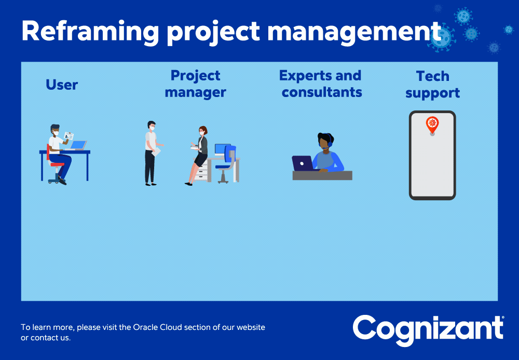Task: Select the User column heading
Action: tap(62, 85)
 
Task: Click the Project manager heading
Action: tap(195, 84)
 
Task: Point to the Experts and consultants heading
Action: tap(321, 84)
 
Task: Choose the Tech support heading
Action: tap(433, 85)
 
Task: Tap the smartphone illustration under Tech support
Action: tap(432, 155)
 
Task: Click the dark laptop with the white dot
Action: tap(303, 163)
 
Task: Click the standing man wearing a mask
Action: tap(152, 153)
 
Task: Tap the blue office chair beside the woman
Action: tap(226, 164)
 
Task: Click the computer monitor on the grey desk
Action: tap(221, 149)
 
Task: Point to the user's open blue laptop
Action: tap(77, 146)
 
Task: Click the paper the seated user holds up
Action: tap(69, 136)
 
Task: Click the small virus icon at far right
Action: tap(509, 30)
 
